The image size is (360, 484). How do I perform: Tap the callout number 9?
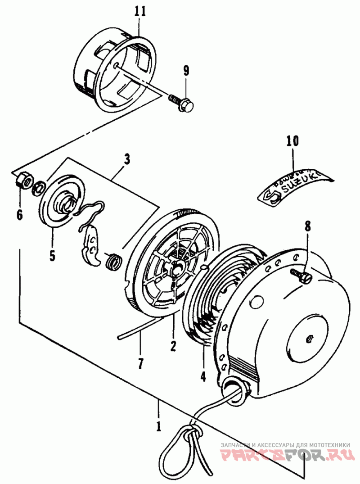[x=186, y=71]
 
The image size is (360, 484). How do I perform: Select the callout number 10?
[x=292, y=141]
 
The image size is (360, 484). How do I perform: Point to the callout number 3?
[x=127, y=159]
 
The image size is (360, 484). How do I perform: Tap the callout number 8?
[x=307, y=226]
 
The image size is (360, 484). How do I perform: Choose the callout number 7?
[x=140, y=363]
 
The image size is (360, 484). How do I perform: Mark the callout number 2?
[x=173, y=346]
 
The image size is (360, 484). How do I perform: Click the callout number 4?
[x=203, y=376]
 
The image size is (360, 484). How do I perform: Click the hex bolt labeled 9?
[x=182, y=103]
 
